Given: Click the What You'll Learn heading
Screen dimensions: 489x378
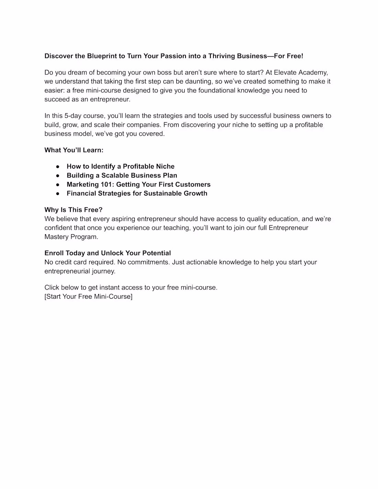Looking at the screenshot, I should point(74,150).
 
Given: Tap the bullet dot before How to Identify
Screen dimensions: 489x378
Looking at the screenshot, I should point(58,167).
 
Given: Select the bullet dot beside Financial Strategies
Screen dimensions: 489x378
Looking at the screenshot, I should point(58,194).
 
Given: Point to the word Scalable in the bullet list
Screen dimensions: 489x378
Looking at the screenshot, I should point(115,175).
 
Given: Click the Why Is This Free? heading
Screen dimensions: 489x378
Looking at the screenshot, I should point(74,210).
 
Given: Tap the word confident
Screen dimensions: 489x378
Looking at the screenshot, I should point(58,228).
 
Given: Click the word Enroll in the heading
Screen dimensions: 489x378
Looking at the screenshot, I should point(54,253).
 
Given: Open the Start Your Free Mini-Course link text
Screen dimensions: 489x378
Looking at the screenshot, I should point(88,296).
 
